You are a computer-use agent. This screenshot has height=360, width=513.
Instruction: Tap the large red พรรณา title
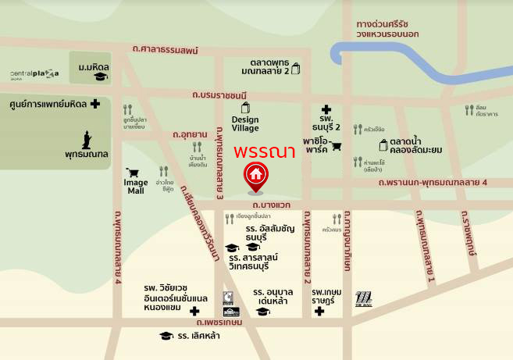(x=264, y=151)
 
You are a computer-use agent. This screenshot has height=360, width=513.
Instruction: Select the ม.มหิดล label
(x=93, y=67)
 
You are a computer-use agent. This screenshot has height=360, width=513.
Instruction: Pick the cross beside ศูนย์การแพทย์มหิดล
(x=95, y=104)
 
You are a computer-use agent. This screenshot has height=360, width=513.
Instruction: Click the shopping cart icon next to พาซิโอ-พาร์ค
(x=337, y=146)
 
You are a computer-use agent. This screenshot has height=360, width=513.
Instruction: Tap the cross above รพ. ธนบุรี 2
(x=326, y=110)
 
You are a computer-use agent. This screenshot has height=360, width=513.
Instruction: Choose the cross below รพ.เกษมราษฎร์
(x=319, y=312)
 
